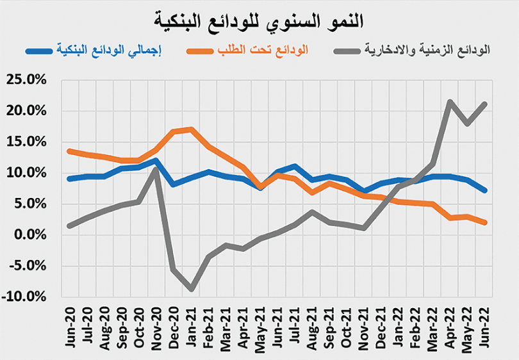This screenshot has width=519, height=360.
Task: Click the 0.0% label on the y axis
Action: pos(33,235)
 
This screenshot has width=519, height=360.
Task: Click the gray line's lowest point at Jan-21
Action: pos(191,290)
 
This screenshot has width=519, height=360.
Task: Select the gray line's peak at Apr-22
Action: pos(450,101)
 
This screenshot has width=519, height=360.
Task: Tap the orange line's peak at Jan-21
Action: pos(191,129)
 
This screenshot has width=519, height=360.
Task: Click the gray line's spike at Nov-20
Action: pos(156,169)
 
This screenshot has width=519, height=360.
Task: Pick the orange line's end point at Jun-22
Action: pos(485,223)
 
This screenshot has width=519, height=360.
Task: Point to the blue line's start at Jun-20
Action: pos(70,179)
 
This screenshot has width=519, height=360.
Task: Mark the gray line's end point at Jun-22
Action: pos(485,104)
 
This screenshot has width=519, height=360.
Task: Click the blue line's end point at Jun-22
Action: pos(485,190)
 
